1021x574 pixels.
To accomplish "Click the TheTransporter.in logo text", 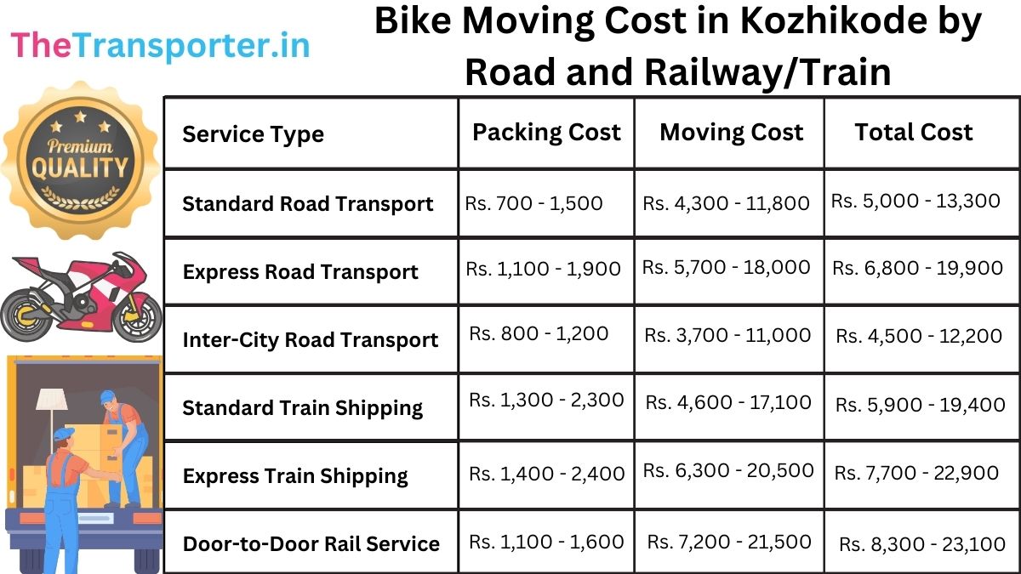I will point(160,45).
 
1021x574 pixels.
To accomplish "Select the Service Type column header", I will point(254,134).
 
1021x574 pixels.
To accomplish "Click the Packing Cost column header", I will point(546,133).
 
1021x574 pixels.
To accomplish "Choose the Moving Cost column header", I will point(731,133).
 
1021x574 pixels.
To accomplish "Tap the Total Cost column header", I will point(914,133).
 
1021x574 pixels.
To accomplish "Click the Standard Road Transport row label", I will point(308,204).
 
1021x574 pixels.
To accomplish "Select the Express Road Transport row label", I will point(300,272).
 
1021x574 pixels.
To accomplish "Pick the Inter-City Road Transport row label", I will point(310,340).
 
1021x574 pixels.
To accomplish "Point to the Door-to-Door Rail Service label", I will point(311,543).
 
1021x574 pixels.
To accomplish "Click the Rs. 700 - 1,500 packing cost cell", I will point(534,204).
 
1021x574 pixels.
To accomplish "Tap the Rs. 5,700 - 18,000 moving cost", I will point(727,268).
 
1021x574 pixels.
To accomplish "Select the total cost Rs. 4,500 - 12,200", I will point(919,337).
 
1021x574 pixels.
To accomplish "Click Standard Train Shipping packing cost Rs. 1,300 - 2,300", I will point(546,400).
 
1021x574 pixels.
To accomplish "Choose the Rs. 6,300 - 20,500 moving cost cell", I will point(728,471).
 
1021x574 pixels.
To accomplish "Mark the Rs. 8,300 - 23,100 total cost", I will point(922,544).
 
